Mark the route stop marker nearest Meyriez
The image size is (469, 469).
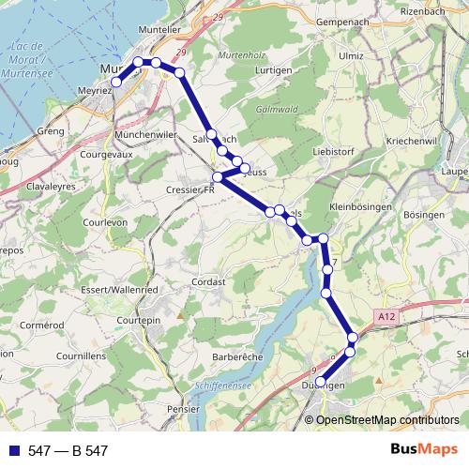coord(116,83)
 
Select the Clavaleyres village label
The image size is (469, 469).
coord(37,186)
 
